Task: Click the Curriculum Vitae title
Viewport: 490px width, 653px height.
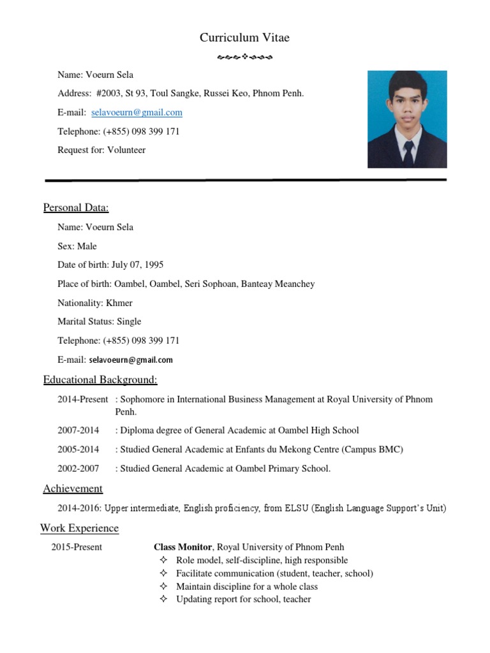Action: pos(244,38)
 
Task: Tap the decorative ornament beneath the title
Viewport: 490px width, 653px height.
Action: pos(244,58)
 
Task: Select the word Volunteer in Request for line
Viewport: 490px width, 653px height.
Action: pos(126,150)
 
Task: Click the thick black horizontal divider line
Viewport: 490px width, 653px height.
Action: pos(245,180)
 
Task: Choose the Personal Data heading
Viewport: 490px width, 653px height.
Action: pos(76,207)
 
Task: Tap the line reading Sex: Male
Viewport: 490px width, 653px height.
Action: pos(77,246)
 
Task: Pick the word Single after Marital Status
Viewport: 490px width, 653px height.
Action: pos(129,321)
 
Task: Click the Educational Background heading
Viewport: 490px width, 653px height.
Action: pos(100,380)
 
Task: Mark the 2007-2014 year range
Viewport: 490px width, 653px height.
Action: pos(78,430)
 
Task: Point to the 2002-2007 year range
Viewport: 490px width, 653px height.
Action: pos(78,469)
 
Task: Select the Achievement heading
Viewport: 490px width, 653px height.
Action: pos(73,488)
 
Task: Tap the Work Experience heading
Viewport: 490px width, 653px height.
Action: pos(79,528)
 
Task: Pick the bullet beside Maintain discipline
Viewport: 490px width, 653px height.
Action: pos(163,586)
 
